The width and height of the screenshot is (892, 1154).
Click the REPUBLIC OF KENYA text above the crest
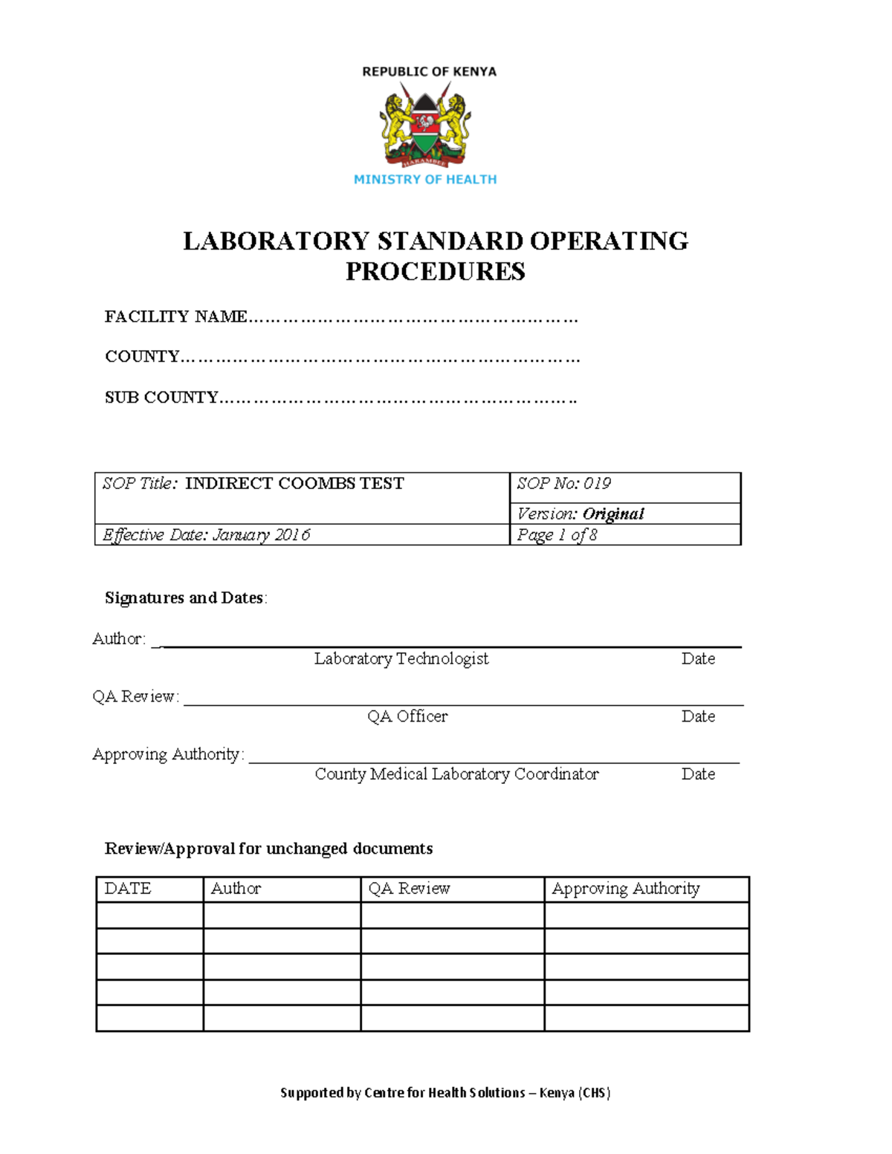[x=429, y=71]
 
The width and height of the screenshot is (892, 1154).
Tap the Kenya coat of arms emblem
[x=425, y=125]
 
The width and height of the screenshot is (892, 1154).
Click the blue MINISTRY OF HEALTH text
[x=425, y=179]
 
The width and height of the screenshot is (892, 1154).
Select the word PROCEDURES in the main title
[x=435, y=271]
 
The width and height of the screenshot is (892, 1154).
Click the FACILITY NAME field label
[x=176, y=317]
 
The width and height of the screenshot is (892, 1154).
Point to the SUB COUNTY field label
[x=161, y=398]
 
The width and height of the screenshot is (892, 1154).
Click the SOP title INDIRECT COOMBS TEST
[x=294, y=484]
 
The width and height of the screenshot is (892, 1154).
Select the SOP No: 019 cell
[x=564, y=484]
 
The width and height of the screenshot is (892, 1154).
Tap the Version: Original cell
[x=581, y=513]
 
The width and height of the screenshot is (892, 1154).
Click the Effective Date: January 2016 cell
[x=207, y=535]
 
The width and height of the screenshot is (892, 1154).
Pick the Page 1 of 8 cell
[x=557, y=535]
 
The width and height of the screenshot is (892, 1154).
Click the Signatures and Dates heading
[x=185, y=597]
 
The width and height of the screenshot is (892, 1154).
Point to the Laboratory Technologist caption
[x=401, y=658]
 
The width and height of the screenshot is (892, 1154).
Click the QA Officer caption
[x=407, y=716]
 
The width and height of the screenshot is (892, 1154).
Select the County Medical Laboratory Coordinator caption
[x=456, y=774]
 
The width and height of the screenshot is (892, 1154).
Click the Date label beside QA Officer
[x=698, y=716]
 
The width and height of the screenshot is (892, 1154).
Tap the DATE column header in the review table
[x=128, y=889]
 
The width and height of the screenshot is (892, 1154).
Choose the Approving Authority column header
[x=626, y=889]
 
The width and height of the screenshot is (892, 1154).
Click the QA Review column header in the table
[x=410, y=889]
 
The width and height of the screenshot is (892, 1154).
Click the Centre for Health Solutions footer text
[x=445, y=1092]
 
